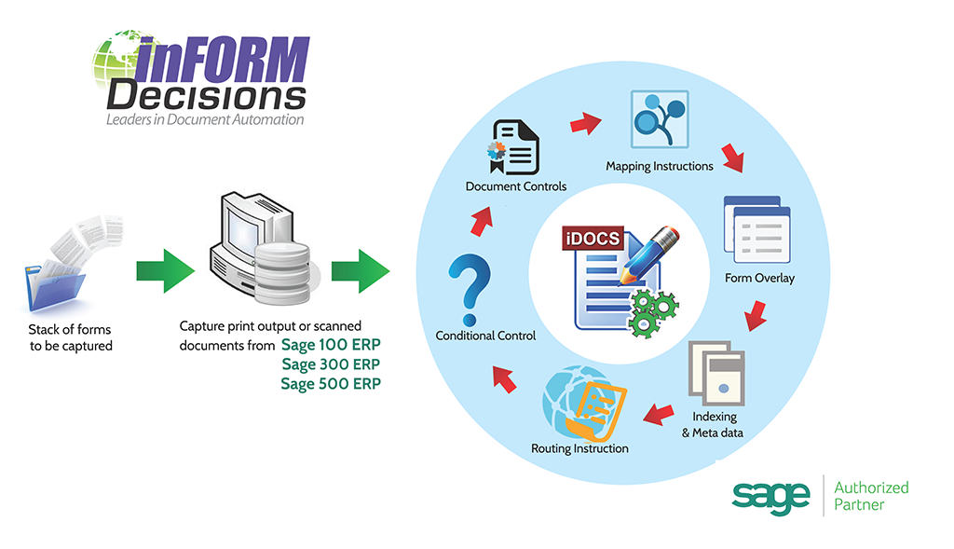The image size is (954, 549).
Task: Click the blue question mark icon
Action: coord(469,290)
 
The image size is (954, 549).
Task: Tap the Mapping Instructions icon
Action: coord(660,119)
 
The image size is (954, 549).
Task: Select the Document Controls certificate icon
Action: coord(513,147)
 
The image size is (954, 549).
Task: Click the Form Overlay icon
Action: coord(756,229)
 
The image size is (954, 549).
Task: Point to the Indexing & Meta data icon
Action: coord(716,373)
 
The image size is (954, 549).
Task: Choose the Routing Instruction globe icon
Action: coord(583,405)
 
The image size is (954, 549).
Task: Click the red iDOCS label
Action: coord(593,238)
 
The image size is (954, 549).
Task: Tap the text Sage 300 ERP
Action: coord(331,364)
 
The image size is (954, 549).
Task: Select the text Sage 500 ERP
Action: coord(331,384)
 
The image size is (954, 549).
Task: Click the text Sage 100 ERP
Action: coord(331,345)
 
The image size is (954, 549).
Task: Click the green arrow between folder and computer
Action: coord(166,271)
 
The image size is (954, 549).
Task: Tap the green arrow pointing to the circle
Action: coord(361,271)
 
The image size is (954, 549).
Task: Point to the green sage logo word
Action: coord(770,497)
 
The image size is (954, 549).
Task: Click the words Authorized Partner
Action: coord(871,496)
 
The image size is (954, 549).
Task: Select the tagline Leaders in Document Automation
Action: coord(205,119)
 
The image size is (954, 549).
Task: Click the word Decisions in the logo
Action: coord(206,96)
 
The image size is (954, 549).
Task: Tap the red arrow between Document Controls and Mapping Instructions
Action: coord(585,123)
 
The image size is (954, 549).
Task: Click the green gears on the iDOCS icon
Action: coord(652,313)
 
